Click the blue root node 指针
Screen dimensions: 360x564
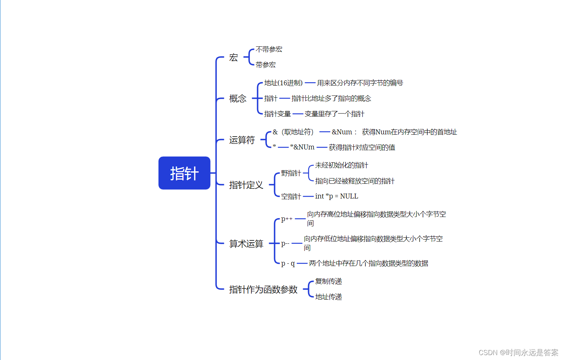pos(184,173)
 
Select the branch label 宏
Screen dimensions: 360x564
pos(234,57)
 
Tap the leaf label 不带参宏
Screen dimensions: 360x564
pos(269,49)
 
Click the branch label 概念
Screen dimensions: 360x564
pos(238,98)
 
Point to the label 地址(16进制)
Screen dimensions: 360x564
pos(283,83)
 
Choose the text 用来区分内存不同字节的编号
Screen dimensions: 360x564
pos(360,83)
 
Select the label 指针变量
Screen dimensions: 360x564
pos(277,114)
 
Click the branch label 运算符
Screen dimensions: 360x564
pos(242,140)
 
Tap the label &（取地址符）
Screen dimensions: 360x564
pos(293,132)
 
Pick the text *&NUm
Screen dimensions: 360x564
pos(302,147)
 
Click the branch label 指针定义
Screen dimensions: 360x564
pos(246,185)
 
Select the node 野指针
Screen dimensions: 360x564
pos(291,173)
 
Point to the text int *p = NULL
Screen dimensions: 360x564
pos(336,196)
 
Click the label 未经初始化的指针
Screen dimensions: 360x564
pos(341,165)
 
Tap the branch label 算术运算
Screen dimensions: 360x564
pos(246,244)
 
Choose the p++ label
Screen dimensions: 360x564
pos(287,219)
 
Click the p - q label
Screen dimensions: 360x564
pos(288,263)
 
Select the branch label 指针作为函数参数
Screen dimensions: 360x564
pos(263,289)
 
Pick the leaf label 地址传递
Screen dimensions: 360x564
pos(328,297)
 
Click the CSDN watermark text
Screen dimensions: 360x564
pos(518,352)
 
